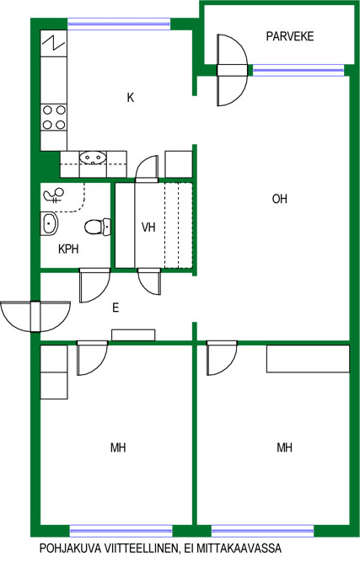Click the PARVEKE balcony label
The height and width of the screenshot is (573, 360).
pos(290,36)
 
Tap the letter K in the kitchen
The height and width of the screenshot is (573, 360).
pos(131,98)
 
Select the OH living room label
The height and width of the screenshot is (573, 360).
pos(280,199)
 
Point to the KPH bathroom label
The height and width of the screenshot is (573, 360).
pos(68,249)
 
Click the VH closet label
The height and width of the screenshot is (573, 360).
pos(148,228)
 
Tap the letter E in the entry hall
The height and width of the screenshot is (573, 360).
pos(116,308)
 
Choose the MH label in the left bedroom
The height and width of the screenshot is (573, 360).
pos(118,447)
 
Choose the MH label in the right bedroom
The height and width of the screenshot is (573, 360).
pos(284,447)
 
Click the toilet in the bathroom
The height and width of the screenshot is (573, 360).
pos(98,227)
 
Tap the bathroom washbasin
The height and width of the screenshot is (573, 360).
pos(49,223)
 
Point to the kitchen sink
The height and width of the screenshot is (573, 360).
pos(93,158)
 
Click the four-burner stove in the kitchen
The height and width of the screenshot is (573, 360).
pos(53,117)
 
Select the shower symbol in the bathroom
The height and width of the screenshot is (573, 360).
pos(54,195)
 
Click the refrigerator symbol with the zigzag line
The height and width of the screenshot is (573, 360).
pos(54,43)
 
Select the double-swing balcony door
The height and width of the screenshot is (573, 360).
pos(233,70)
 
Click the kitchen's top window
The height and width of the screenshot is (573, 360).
pos(119,24)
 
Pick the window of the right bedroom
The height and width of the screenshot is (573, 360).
pos(262,531)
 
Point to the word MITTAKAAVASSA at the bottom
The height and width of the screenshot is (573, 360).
pos(239,549)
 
